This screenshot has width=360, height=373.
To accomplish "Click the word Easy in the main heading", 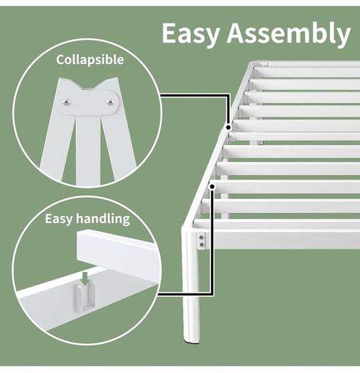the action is pos(190,34).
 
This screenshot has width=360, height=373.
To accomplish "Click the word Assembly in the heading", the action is pos(289,34).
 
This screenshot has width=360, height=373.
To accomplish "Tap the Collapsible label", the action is pos(90,60).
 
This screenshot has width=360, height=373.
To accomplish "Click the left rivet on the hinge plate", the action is pos(67,102).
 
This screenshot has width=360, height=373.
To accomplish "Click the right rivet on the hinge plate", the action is pos(110,102).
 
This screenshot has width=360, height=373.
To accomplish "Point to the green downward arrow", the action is pos(85,279).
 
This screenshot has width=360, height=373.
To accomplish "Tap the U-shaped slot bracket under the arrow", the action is pos(85,298).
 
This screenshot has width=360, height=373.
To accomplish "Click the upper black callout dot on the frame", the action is pos(229,127).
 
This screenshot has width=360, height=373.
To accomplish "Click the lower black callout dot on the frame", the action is pos(212,187).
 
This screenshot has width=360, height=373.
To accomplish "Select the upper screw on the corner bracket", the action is pos(202,237).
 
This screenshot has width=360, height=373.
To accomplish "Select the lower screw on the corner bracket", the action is pos(202,244).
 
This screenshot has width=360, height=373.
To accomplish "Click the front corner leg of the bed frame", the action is pos(191,286).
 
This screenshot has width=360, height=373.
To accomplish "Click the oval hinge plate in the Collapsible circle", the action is pos(89,102).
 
